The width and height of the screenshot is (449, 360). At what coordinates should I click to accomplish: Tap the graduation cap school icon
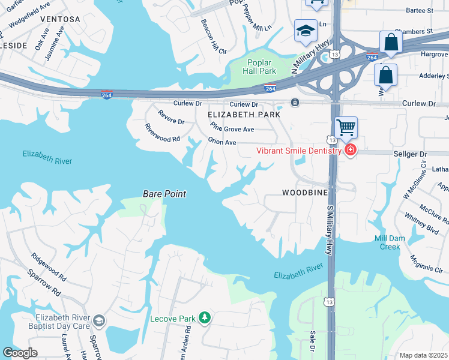pyautogui.click(x=305, y=31)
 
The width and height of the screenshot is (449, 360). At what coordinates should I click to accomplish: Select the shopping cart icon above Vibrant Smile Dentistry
pyautogui.click(x=346, y=127)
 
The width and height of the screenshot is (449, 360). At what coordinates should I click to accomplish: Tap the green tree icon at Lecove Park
pyautogui.click(x=205, y=317)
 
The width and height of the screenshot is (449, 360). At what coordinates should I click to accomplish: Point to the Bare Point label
pyautogui.click(x=164, y=194)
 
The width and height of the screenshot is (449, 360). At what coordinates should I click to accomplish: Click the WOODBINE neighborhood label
pyautogui.click(x=305, y=193)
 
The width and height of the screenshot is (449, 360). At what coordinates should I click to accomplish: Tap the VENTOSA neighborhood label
pyautogui.click(x=60, y=19)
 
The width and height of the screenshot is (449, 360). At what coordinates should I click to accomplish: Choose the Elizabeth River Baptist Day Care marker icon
pyautogui.click(x=99, y=321)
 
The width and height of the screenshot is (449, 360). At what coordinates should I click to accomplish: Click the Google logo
pyautogui.click(x=20, y=353)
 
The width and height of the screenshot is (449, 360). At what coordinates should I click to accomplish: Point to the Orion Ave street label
pyautogui.click(x=222, y=142)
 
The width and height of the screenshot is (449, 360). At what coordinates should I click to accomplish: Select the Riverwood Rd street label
pyautogui.click(x=162, y=133)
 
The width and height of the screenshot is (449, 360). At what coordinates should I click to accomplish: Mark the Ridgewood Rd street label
pyautogui.click(x=49, y=266)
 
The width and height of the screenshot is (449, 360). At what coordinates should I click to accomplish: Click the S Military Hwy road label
pyautogui.click(x=329, y=229)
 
